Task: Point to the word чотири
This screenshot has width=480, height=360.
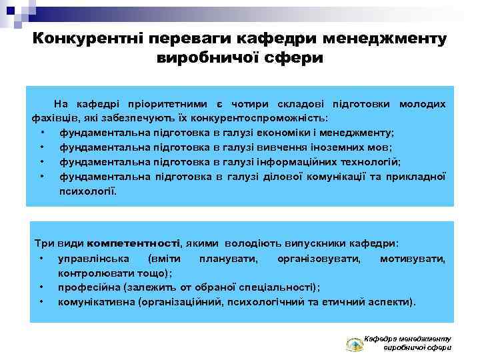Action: (247, 103)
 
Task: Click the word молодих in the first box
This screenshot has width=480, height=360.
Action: (422, 103)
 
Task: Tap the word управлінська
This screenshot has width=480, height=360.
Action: (90, 258)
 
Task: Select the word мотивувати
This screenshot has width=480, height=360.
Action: (413, 258)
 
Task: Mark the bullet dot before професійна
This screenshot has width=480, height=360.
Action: (42, 287)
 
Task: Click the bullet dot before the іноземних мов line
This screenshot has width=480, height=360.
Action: (42, 147)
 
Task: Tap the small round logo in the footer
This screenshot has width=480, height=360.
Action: (354, 345)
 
